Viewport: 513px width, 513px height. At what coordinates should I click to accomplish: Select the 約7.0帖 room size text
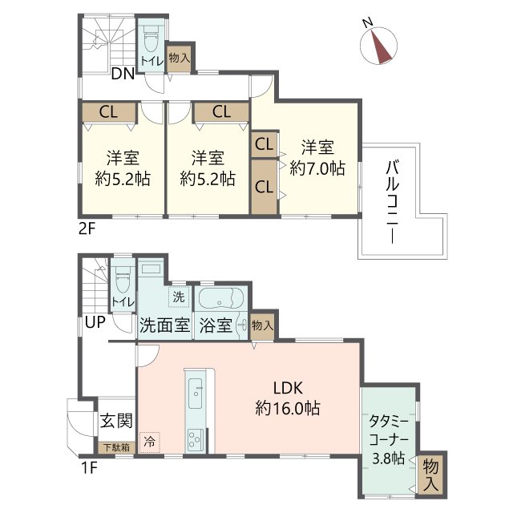(317, 168)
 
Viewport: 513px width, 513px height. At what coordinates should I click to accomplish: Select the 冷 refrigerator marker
(149, 440)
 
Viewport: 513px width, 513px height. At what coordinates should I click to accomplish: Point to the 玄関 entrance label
(115, 420)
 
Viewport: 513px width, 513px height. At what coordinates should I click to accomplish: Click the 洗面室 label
(164, 326)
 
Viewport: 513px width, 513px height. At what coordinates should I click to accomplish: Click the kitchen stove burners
(196, 439)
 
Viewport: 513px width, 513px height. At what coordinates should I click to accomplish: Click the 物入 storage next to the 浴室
(263, 325)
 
